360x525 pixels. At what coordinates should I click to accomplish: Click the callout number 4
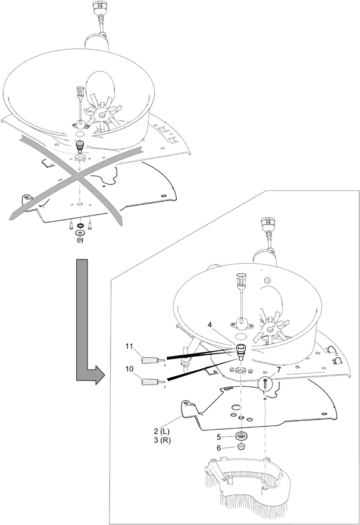[209, 324]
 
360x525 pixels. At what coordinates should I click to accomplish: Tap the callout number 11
[130, 346]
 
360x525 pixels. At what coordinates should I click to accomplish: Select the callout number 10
[130, 369]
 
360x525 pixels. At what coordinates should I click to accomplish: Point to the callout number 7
[279, 370]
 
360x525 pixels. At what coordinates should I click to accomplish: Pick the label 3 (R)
[162, 440]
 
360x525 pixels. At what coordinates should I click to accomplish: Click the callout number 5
[218, 437]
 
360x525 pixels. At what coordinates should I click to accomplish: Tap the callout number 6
[218, 448]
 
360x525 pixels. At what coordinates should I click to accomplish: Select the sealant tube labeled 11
[154, 360]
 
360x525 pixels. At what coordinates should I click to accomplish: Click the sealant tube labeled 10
[154, 381]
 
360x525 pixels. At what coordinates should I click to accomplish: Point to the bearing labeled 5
[240, 436]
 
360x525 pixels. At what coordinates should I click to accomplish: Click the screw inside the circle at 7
[265, 383]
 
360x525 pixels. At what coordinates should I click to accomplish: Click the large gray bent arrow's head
[98, 374]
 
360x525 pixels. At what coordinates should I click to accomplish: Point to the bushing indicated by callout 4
[240, 351]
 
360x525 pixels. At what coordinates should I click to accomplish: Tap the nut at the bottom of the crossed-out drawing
[80, 240]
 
